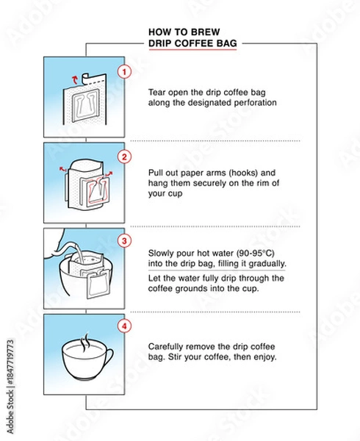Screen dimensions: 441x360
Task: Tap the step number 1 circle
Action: coord(124,71)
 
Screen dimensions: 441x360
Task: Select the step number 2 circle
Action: coord(124,157)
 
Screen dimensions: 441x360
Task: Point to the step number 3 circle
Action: coord(124,241)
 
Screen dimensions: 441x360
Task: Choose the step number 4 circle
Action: coord(124,326)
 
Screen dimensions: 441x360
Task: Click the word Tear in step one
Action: coord(157,92)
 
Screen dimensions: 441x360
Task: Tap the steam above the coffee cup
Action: coord(86,340)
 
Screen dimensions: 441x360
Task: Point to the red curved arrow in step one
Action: coord(71,76)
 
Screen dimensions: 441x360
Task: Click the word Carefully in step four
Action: coord(168,346)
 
